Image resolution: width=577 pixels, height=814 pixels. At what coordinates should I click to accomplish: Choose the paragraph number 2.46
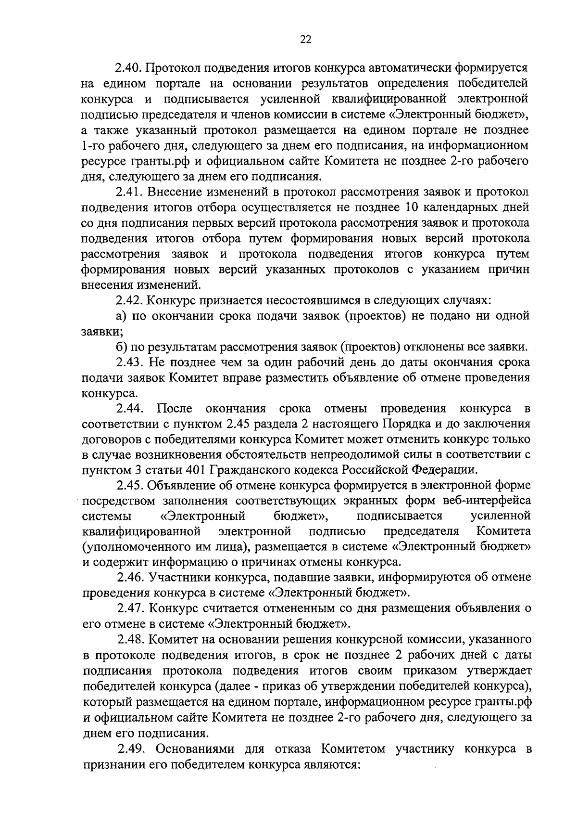(x=130, y=577)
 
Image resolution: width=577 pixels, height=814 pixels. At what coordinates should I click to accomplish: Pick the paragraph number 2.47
(x=130, y=608)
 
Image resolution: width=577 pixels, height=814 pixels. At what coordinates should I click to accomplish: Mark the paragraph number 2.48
(x=131, y=639)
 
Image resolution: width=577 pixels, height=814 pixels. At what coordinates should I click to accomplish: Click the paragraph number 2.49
(x=132, y=749)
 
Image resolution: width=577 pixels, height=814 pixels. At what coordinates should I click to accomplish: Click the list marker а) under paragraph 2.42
(x=121, y=316)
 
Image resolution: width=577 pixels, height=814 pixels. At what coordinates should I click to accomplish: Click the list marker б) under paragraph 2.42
(x=121, y=347)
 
